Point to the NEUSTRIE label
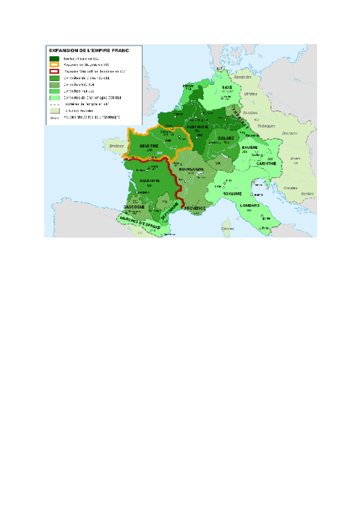(149, 146)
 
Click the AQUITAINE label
(149, 180)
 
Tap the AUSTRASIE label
(197, 127)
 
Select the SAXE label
(227, 88)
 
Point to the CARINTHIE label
(266, 163)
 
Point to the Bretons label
(112, 145)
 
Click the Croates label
(291, 187)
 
